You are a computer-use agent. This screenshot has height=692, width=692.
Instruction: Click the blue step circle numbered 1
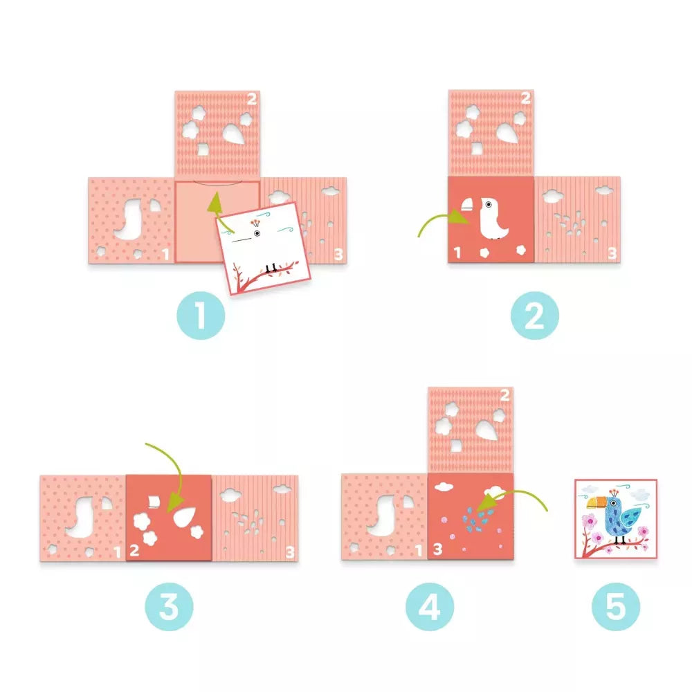[x=201, y=315]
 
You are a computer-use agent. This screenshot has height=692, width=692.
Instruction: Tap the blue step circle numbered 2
[x=535, y=315]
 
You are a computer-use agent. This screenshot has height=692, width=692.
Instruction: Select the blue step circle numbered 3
[x=169, y=606]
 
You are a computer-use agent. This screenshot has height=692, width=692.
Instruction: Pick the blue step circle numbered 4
[x=430, y=606]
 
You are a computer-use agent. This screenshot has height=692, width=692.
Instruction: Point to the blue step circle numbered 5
[x=616, y=606]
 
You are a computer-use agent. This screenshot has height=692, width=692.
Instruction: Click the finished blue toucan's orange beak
[x=597, y=502]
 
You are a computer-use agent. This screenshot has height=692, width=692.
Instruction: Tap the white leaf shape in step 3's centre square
[x=185, y=517]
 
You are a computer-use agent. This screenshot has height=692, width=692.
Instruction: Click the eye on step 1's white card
[x=257, y=233]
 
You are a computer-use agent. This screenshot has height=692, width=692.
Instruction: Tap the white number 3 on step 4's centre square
[x=437, y=549]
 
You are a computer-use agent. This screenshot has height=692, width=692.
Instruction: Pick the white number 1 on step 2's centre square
[x=457, y=253]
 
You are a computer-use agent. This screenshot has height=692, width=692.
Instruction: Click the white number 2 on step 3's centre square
[x=135, y=550]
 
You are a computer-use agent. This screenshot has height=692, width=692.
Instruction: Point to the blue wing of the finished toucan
[x=630, y=517]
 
